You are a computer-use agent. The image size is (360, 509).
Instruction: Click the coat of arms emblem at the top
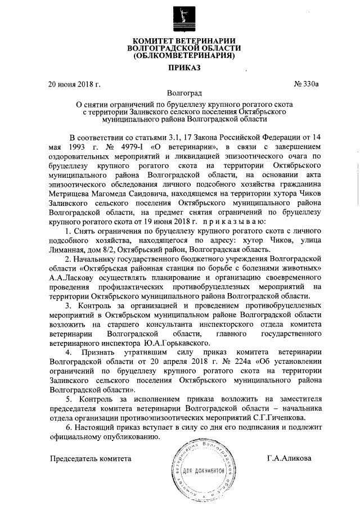click(x=180, y=18)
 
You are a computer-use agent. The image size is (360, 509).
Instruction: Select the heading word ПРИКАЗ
click(x=180, y=67)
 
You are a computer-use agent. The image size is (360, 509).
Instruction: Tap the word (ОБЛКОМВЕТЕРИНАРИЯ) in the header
click(x=180, y=56)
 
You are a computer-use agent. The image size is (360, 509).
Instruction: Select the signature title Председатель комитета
click(x=91, y=458)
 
